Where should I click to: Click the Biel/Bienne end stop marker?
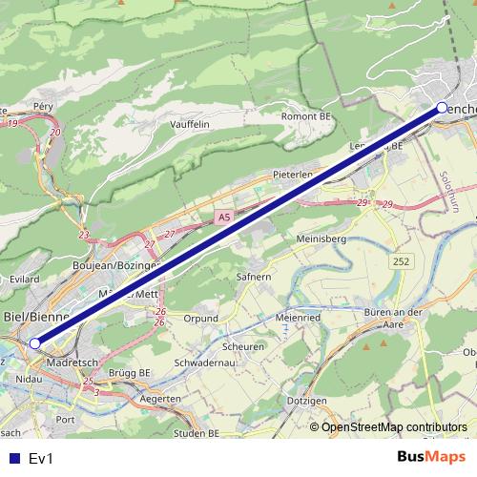click(x=35, y=342)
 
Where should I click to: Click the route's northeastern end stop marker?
click(x=442, y=108)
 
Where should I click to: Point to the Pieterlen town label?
click(x=293, y=175)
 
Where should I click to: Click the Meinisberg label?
click(x=321, y=238)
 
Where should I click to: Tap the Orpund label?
click(x=201, y=318)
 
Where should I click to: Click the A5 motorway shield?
click(x=223, y=218)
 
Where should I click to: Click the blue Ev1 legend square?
click(x=12, y=458)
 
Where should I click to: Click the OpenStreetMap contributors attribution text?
click(x=394, y=426)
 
